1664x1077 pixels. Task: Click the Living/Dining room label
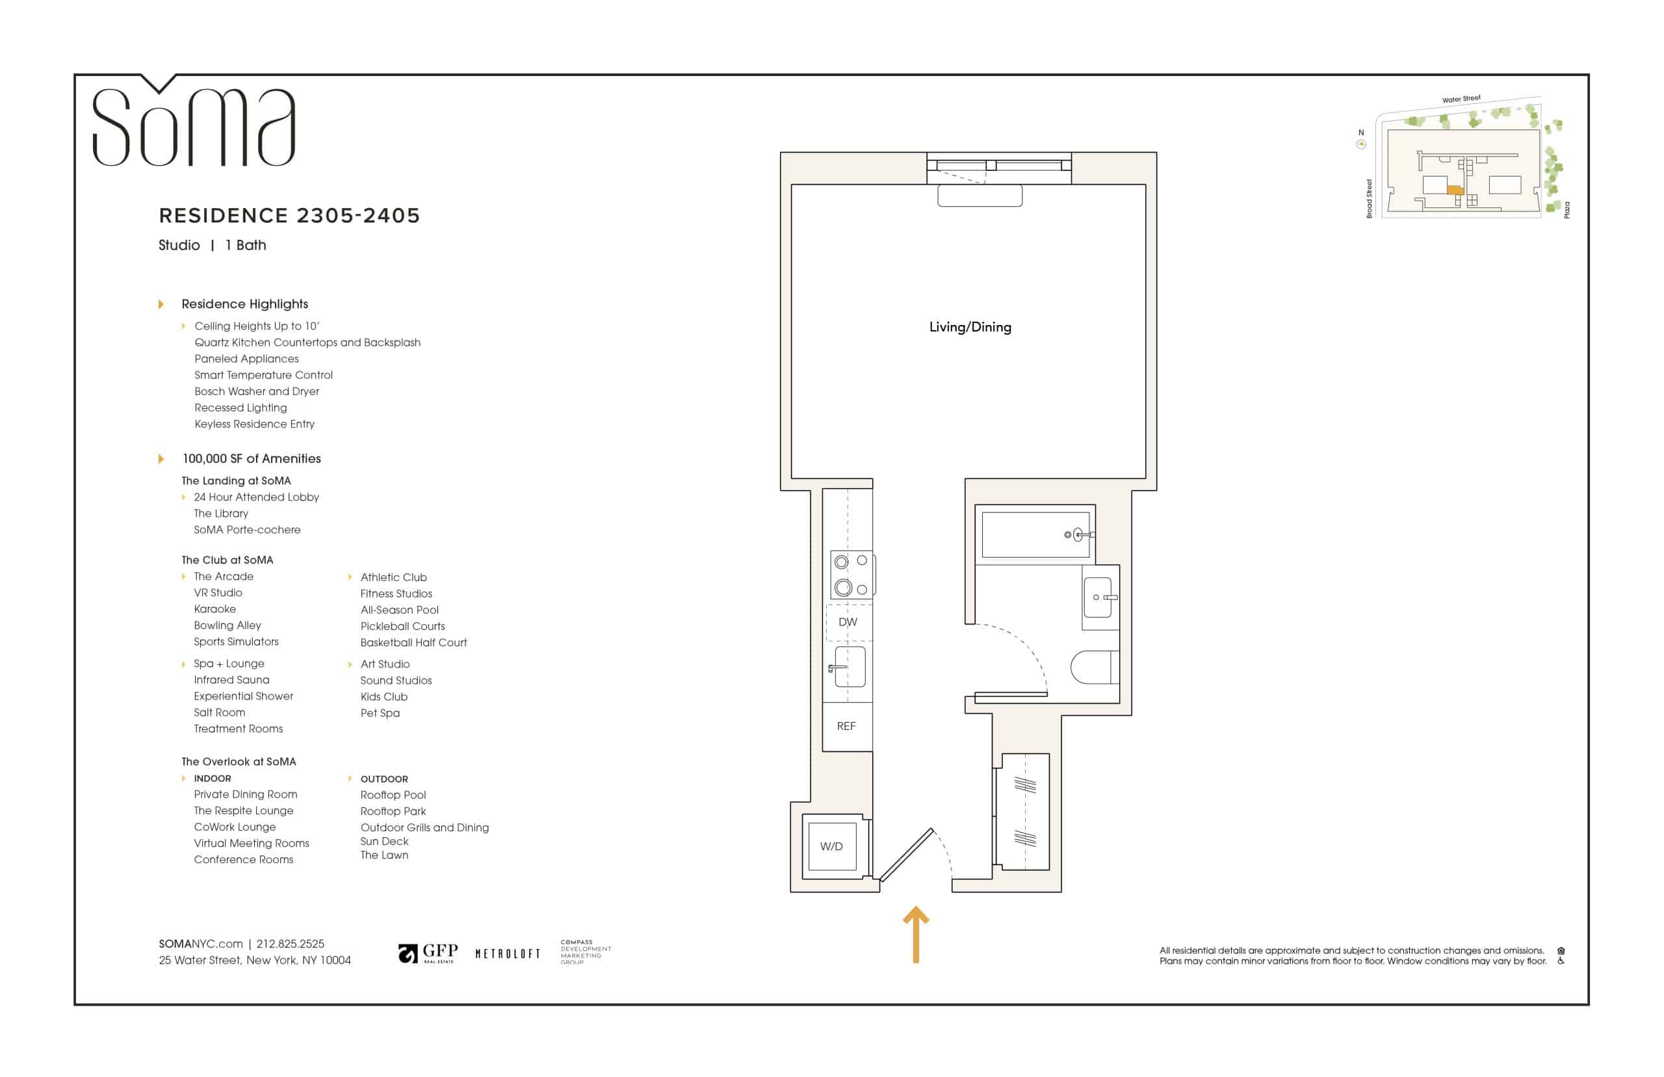click(970, 328)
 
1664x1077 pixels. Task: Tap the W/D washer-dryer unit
click(832, 846)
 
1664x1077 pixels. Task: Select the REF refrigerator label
click(846, 727)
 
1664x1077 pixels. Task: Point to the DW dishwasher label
click(848, 623)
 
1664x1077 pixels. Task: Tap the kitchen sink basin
click(850, 667)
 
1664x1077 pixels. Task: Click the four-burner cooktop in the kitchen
click(851, 575)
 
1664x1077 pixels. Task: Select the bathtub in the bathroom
click(1035, 535)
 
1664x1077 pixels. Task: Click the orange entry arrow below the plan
click(916, 935)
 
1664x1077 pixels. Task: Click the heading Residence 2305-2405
click(289, 215)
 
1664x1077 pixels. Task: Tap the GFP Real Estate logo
click(428, 954)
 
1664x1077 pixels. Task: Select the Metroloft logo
click(508, 954)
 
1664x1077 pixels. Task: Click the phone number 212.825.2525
click(290, 944)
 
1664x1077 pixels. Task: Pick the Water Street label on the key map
click(1461, 99)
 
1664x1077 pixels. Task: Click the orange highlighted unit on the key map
click(1454, 190)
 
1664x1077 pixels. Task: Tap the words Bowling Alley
click(227, 626)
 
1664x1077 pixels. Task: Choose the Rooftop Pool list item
click(393, 795)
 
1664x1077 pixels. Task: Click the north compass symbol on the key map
click(1360, 145)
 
